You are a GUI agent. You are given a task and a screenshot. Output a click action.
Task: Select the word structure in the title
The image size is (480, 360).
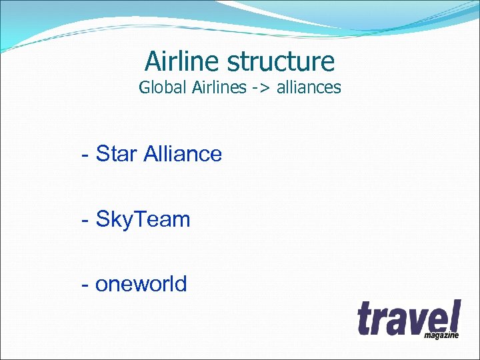coord(281,62)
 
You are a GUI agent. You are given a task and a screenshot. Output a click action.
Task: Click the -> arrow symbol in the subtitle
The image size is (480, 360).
coord(261,88)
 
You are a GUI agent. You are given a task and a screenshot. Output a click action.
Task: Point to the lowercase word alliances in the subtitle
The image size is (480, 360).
coord(309,87)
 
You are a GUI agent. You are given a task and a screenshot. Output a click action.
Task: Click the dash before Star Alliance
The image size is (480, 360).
coord(85,155)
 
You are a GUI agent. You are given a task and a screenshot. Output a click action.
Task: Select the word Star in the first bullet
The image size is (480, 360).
coord(117,154)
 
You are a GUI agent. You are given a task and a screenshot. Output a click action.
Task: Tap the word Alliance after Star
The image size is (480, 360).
coord(183,154)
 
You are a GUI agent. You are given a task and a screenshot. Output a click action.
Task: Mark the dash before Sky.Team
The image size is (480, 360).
coord(85,220)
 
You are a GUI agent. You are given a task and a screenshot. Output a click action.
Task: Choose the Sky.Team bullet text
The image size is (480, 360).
coord(143,219)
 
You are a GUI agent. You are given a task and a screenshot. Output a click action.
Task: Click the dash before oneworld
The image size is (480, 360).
coord(85,285)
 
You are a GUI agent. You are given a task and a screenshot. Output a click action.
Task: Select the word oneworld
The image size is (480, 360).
coord(141,285)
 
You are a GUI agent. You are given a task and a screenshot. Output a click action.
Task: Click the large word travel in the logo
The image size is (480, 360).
coord(408,318)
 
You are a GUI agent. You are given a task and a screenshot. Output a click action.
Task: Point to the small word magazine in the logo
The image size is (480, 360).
coord(441,335)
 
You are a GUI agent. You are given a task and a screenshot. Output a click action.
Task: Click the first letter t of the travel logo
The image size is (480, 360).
coord(364,319)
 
